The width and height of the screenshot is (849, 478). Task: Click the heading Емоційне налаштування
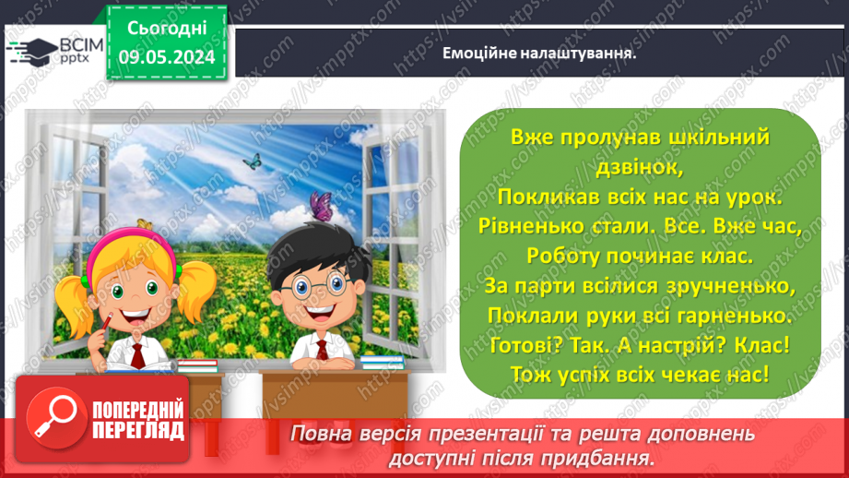point(541,54)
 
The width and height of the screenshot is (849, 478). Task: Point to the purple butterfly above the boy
point(320,204)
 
